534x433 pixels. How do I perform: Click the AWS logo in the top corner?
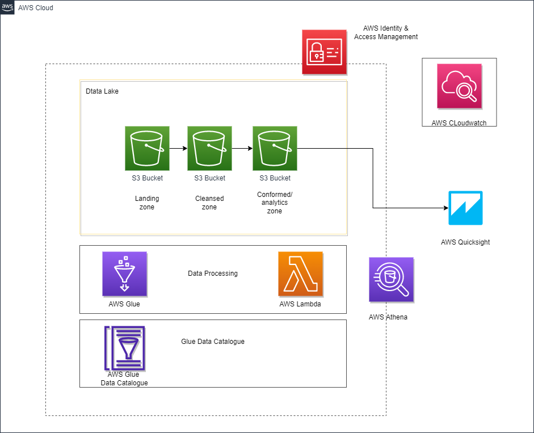pos(7,7)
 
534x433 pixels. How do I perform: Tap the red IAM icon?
pos(324,52)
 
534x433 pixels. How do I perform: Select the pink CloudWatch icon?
pos(460,86)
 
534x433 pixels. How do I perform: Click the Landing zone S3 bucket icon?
pos(147,148)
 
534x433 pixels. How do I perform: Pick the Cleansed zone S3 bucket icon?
pos(209,148)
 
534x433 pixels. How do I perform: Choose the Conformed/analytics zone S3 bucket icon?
pos(275,148)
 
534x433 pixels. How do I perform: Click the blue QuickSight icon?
pos(465,208)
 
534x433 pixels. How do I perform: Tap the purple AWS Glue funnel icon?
pos(125,274)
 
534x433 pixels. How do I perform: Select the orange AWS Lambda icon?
pos(300,274)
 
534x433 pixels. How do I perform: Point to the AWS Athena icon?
pos(392,280)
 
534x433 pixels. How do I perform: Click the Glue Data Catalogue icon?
pos(125,348)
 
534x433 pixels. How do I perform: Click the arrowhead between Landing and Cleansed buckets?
pos(185,148)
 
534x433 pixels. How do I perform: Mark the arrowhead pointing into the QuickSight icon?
pos(446,208)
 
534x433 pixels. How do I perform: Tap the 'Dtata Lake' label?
pos(102,91)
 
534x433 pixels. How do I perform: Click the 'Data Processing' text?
pos(213,273)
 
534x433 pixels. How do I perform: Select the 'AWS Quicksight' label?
pos(465,242)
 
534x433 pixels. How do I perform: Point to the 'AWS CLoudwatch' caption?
pos(459,123)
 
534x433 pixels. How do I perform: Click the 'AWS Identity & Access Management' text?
pos(386,32)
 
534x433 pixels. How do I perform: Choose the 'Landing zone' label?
pos(147,203)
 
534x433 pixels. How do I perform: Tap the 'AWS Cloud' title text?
pos(36,8)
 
